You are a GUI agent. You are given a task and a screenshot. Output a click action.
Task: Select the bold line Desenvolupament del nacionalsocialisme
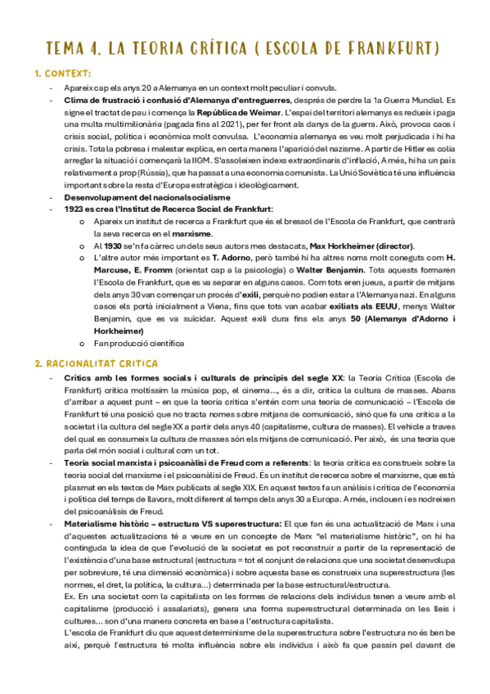[135, 197]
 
